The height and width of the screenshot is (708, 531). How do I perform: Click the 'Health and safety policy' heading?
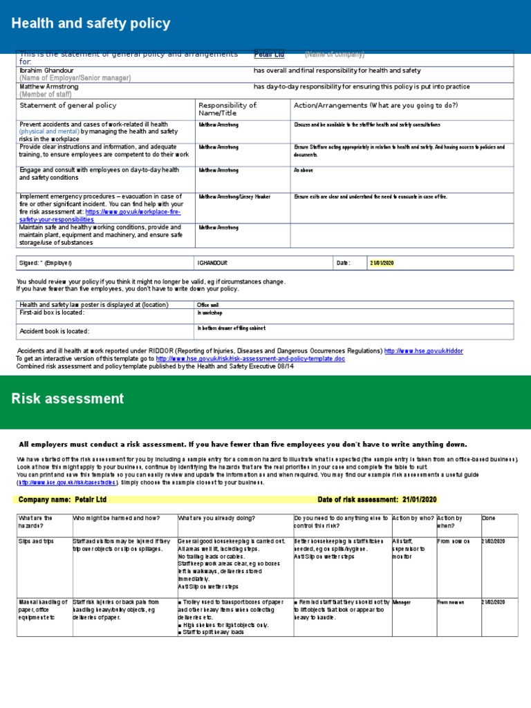[x=91, y=24]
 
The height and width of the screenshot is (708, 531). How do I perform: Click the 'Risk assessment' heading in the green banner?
[x=68, y=398]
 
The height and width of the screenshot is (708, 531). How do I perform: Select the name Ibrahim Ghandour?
[x=48, y=71]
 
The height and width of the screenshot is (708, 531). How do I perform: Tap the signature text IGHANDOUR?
[x=212, y=263]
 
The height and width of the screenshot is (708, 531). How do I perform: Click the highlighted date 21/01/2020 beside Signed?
[x=381, y=263]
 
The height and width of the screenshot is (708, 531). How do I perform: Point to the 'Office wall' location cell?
[x=208, y=305]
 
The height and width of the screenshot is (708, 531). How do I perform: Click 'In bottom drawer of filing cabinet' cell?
[x=231, y=328]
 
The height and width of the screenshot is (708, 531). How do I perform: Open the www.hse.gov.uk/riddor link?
[x=423, y=351]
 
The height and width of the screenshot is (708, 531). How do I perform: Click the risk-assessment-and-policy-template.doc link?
[x=250, y=359]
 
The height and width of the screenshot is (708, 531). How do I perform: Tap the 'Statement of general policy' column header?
[x=68, y=106]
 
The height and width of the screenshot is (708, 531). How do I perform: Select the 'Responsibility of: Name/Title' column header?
[x=227, y=109]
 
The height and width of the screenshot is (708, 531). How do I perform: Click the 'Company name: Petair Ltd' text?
[x=62, y=500]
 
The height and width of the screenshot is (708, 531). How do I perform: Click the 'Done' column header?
[x=488, y=519]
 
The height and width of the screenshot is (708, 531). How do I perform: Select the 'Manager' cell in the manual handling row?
[x=402, y=602]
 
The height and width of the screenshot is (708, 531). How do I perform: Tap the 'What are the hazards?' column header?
[x=35, y=522]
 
